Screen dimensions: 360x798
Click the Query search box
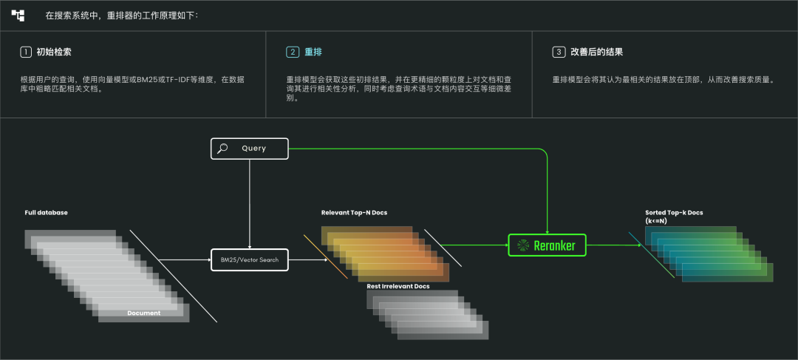[249, 149]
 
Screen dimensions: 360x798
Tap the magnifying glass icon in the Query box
[222, 149]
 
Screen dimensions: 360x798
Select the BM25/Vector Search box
[250, 259]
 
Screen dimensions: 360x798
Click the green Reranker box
[547, 245]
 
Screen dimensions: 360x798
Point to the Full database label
[46, 213]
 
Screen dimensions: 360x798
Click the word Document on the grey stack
[143, 313]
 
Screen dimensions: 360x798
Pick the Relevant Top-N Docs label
[354, 213]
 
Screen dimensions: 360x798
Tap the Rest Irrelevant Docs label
[398, 286]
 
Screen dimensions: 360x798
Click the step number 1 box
[26, 52]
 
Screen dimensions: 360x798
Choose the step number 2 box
[292, 52]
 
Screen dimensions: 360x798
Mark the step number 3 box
[558, 52]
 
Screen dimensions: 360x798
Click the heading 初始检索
[54, 52]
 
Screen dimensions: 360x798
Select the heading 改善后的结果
[596, 52]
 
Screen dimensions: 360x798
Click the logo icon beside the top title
[18, 15]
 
